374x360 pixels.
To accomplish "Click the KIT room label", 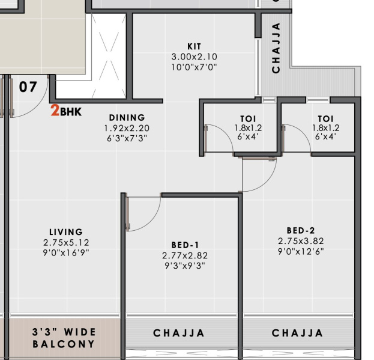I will tap(194, 46).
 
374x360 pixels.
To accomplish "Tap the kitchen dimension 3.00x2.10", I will tap(194, 56).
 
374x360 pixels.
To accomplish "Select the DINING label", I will tap(127, 118).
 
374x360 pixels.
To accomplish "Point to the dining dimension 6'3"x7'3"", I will tap(127, 138).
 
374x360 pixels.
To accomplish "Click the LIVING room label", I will tap(66, 232).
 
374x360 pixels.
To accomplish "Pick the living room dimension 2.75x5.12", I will tap(66, 242).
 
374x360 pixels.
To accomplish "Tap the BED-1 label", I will tap(185, 245).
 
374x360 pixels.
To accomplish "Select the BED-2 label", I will tap(301, 230).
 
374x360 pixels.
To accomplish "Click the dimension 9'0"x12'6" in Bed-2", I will tap(301, 251).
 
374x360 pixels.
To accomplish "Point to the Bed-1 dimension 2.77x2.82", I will tap(185, 255).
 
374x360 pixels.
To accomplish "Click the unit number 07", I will tap(28, 87).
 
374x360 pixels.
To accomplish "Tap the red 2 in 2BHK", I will tap(55, 111).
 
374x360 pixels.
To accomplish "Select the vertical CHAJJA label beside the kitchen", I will tap(276, 48).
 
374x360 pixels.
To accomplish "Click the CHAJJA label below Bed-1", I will tap(179, 333).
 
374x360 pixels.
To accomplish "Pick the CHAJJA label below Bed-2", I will tap(298, 333).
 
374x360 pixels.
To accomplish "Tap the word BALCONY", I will tap(64, 344).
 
